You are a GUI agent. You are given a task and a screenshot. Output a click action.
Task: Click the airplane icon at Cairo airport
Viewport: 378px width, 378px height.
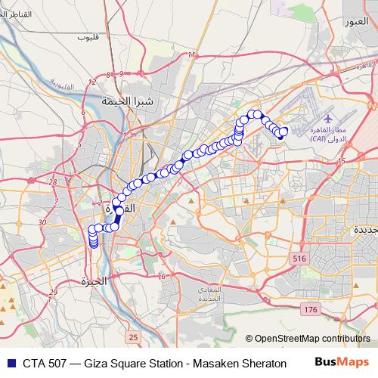(328, 119)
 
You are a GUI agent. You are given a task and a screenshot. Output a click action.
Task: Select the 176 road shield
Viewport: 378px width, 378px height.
(308, 310)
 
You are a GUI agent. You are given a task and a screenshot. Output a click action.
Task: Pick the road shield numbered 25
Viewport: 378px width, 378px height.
(133, 336)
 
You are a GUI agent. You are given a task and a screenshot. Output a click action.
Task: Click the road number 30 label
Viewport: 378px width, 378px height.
(42, 222)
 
